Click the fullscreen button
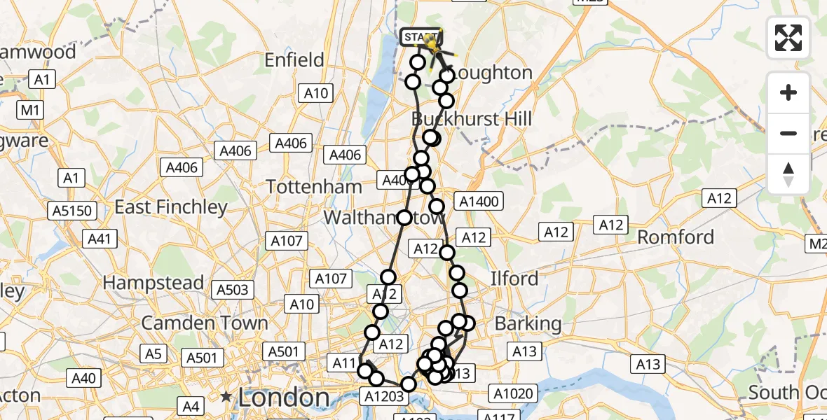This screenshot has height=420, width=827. click(788, 38)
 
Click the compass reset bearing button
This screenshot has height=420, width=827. click(788, 174)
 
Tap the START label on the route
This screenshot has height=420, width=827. click(421, 36)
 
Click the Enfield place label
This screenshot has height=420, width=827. click(294, 60)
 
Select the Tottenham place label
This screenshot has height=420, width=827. click(314, 187)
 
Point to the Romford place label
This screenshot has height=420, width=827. click(676, 237)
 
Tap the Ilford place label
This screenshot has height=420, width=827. click(515, 279)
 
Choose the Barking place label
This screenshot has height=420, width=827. click(528, 324)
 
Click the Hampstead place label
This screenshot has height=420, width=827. click(153, 283)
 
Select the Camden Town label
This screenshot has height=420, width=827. click(205, 323)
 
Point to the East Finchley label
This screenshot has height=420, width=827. click(171, 207)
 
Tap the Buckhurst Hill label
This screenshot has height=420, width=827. click(472, 118)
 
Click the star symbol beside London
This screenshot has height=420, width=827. click(226, 397)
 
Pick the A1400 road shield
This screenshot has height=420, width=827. click(478, 202)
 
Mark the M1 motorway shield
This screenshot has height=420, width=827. click(30, 110)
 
